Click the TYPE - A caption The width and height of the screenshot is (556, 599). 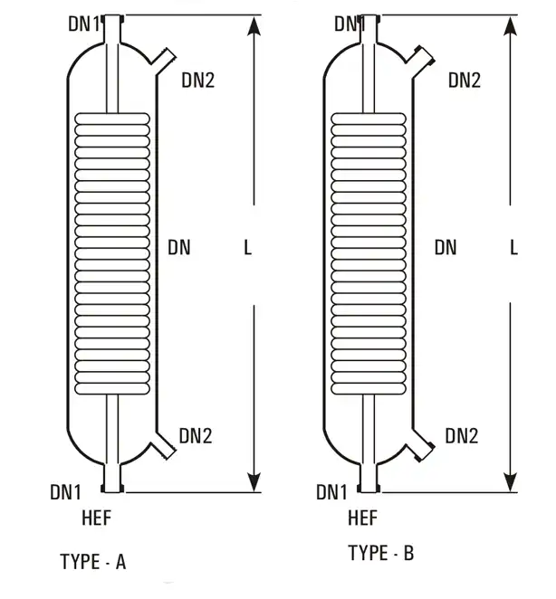tap(93, 562)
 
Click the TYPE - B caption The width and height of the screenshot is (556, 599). tap(380, 552)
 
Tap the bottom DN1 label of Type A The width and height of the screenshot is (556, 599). tap(66, 492)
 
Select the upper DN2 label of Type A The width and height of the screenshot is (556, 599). tap(197, 80)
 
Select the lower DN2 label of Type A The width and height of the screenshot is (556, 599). tap(195, 436)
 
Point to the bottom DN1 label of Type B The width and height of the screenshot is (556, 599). tap(332, 492)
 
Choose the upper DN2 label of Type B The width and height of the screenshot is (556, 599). tap(464, 80)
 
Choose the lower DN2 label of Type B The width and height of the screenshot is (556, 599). tap(461, 436)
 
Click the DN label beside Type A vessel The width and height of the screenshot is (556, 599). tap(179, 246)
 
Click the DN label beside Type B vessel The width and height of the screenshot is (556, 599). tap(446, 246)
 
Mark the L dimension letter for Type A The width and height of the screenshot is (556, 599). tap(248, 246)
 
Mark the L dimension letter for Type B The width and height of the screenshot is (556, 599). tap(513, 246)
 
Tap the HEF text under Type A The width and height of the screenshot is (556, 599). tap(95, 518)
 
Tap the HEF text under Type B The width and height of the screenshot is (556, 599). tap(362, 518)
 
